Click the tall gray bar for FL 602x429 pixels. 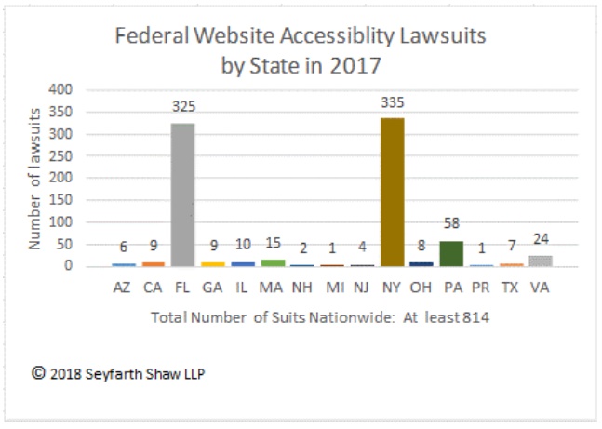coord(182,194)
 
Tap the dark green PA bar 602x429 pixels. coord(451,253)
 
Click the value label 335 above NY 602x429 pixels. coord(392,102)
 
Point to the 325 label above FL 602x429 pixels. coord(183,106)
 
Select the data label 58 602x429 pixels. coord(451,224)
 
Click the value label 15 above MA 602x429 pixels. coord(272,244)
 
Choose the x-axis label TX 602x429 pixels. coord(511,288)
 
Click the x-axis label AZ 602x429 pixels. coord(123,288)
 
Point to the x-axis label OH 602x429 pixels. coord(421,288)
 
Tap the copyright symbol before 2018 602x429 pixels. coord(38,372)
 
